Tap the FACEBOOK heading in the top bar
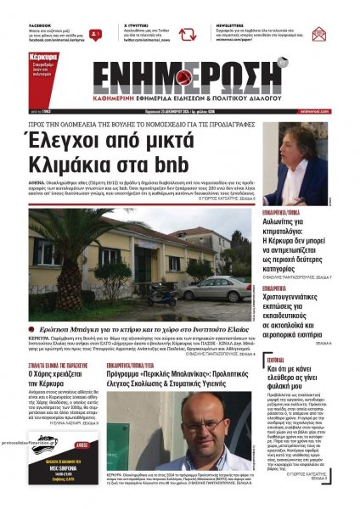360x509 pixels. coord(40,26)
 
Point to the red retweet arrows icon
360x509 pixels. coord(187,35)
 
